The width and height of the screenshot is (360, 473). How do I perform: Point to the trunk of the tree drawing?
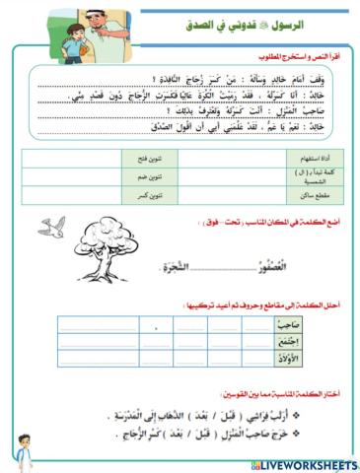(106, 264)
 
